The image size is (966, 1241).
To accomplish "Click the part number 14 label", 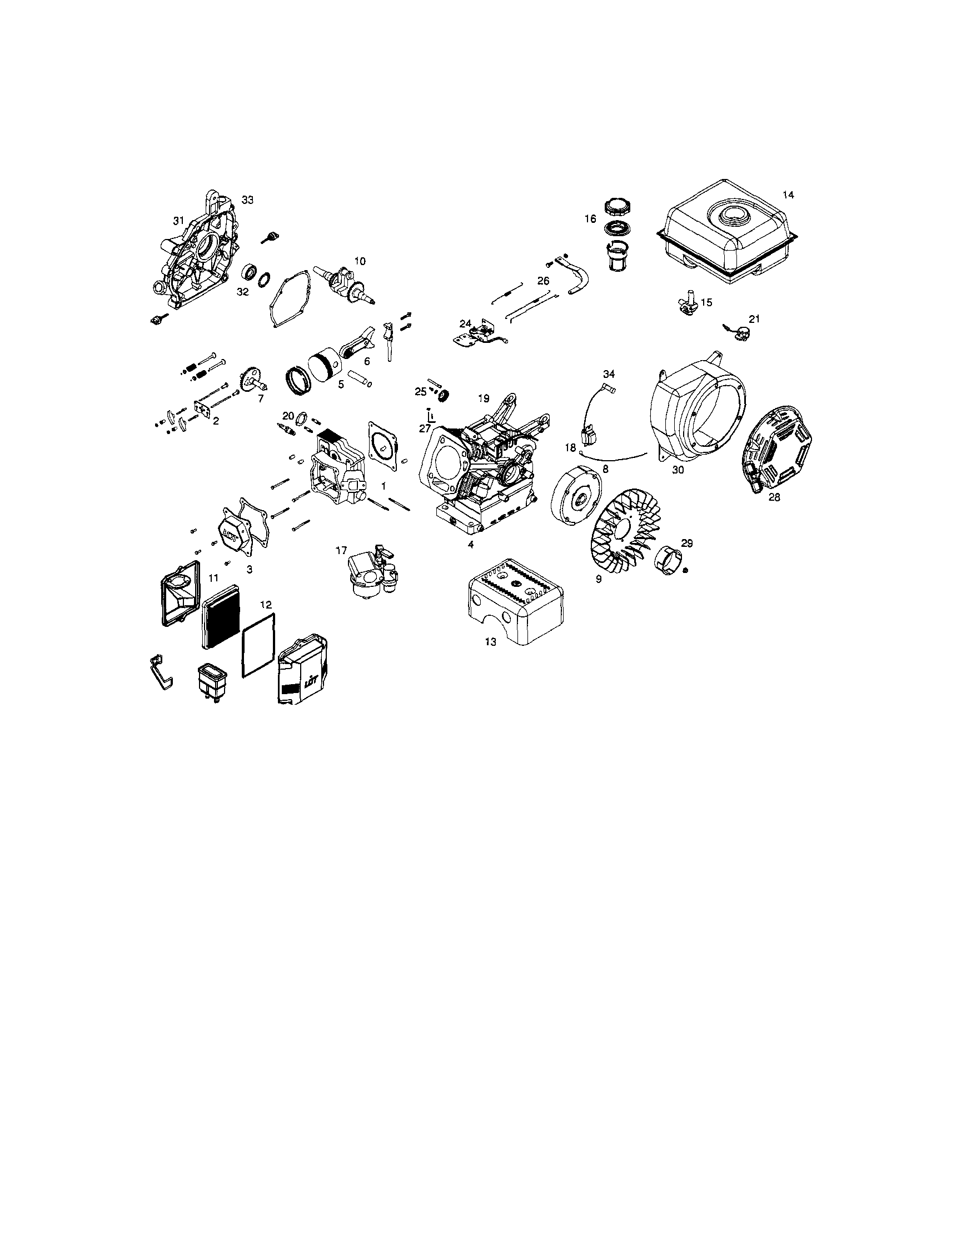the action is pos(788,195).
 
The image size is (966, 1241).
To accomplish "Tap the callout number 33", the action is pos(247,200).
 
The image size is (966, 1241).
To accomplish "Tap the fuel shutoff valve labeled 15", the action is pos(686,302).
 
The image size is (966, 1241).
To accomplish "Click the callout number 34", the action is pos(609,374).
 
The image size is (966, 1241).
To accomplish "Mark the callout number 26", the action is pos(543,281).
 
